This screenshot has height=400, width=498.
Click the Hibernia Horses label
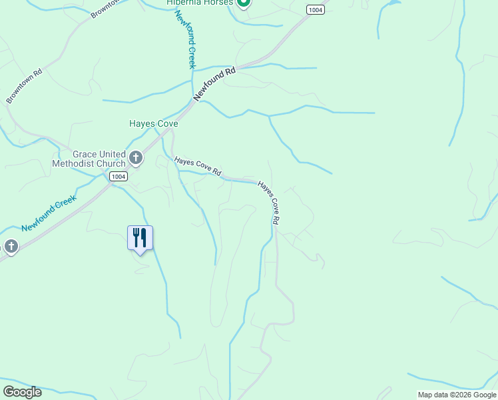[x=200, y=3]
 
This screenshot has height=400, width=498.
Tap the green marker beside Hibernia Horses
[x=244, y=3]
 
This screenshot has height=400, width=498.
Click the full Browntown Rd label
[x=24, y=85]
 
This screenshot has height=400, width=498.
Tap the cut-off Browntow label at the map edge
[x=104, y=9]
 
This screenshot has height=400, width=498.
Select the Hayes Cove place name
[x=153, y=123]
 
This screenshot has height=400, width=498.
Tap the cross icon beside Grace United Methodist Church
[x=135, y=158]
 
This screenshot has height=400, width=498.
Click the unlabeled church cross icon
[x=10, y=247]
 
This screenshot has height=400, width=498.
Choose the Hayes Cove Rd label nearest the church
[x=197, y=167]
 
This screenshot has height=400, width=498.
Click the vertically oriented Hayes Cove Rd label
[x=268, y=203]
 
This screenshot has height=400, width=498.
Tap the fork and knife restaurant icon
[x=140, y=238]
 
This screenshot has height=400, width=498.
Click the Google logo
[x=22, y=392]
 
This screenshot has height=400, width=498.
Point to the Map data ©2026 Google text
[x=457, y=395]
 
